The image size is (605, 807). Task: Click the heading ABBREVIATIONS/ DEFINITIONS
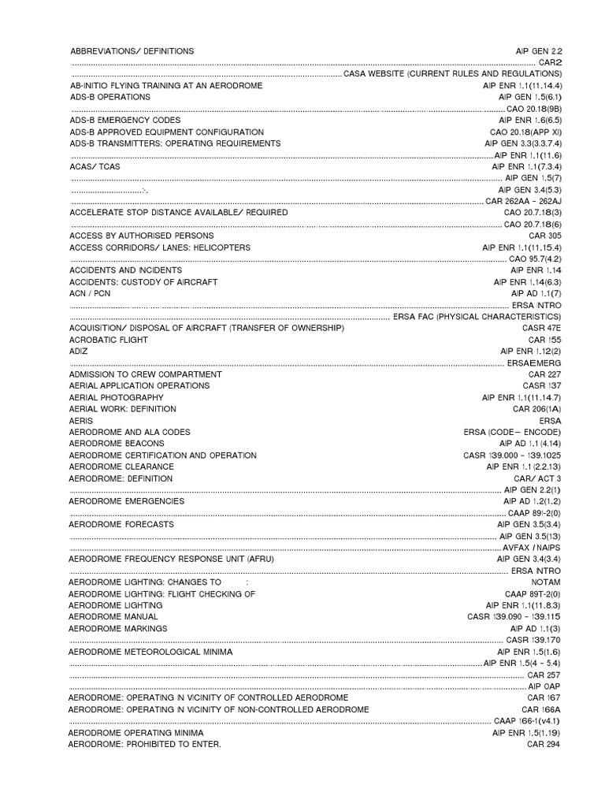(x=132, y=50)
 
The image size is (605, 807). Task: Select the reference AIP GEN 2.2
(x=539, y=50)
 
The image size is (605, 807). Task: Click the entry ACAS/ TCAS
(x=95, y=167)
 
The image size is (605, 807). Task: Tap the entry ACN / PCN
(x=90, y=293)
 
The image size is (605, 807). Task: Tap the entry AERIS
(x=81, y=421)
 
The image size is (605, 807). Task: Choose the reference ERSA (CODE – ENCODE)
(x=513, y=433)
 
